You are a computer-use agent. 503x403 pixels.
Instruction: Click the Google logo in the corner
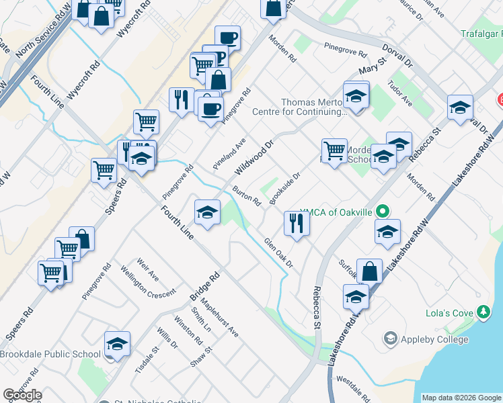click(22, 395)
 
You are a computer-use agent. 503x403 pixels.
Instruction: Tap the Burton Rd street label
click(247, 196)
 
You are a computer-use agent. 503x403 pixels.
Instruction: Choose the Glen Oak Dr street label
click(278, 253)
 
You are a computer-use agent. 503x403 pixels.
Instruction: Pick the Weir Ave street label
click(147, 267)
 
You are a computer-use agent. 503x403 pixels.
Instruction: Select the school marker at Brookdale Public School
click(117, 344)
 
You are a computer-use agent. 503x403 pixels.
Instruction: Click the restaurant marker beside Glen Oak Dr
click(297, 223)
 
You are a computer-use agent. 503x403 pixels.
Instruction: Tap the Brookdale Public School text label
click(50, 354)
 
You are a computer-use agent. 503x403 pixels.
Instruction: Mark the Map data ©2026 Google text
click(461, 398)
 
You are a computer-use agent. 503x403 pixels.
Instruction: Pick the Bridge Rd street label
click(204, 287)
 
